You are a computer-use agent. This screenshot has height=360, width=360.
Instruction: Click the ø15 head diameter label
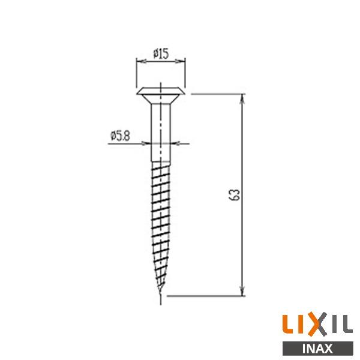tap(160, 53)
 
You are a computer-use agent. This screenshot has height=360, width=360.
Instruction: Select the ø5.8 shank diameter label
tap(121, 136)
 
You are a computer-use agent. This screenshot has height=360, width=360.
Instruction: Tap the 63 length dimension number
tap(235, 195)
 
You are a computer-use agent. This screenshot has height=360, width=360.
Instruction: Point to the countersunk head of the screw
tap(160, 94)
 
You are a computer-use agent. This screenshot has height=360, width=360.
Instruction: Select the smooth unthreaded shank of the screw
tap(160, 132)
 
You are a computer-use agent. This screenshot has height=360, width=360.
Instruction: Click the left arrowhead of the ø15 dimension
tap(140, 61)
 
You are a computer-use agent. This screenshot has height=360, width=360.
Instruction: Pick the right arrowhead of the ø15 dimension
tap(181, 61)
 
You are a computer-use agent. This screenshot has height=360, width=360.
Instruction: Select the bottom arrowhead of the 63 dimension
tap(243, 292)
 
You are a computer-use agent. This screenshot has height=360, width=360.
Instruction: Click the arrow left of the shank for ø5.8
tap(146, 143)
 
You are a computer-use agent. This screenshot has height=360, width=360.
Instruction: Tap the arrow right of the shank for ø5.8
tap(175, 143)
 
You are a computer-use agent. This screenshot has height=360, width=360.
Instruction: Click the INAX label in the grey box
tap(318, 347)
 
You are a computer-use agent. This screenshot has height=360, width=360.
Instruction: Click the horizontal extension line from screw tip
tap(204, 295)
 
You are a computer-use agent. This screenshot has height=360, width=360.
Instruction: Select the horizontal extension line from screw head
tap(216, 94)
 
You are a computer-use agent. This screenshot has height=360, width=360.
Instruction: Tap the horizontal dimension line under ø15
tap(160, 61)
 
